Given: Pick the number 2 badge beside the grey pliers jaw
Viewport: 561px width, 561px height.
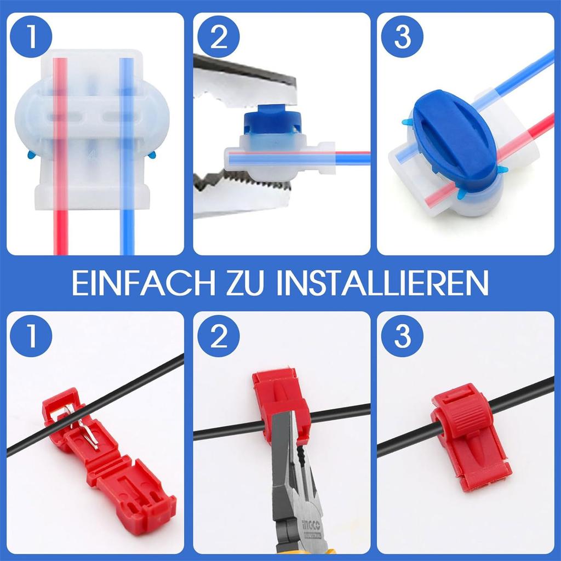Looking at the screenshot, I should coord(218,37).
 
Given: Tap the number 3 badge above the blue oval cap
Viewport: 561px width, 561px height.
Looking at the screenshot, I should coord(402,37).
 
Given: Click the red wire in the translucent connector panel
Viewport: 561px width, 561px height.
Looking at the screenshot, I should coord(61,230).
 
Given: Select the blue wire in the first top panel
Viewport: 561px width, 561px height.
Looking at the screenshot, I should coord(127,230).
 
